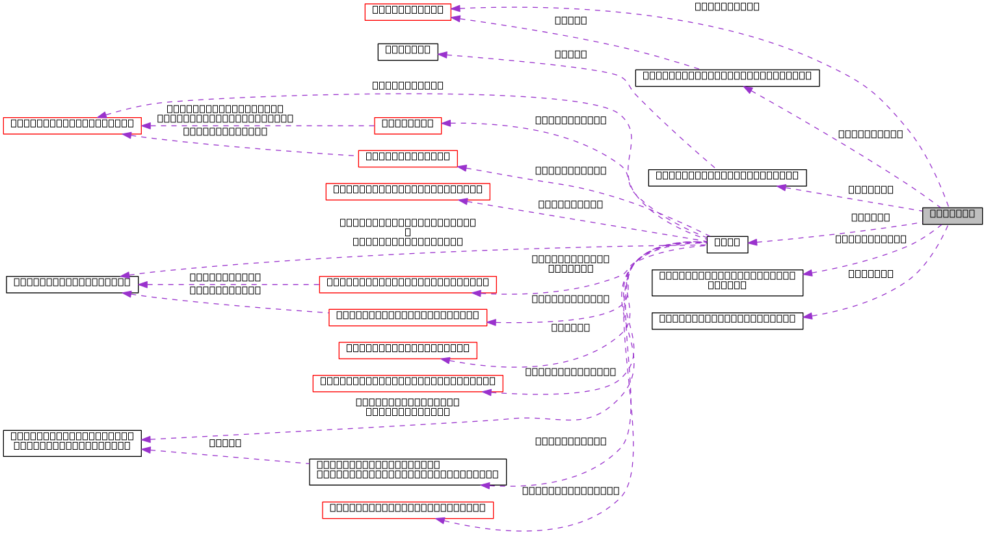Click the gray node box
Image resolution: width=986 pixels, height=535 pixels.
point(952,215)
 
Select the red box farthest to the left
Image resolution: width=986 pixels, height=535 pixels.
point(72,126)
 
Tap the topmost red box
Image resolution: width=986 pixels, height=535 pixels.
point(408,12)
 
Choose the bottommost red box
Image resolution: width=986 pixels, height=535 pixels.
point(408,510)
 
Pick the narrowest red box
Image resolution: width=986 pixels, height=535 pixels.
point(408,126)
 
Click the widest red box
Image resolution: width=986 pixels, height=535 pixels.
point(408,384)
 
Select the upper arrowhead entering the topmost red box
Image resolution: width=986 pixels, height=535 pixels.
point(456,8)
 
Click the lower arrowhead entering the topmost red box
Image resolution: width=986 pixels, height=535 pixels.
point(456,18)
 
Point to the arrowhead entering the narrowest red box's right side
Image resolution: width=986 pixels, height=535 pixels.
point(446,122)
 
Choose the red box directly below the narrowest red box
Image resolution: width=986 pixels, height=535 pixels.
point(408,159)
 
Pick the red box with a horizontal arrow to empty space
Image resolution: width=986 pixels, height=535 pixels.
point(408,285)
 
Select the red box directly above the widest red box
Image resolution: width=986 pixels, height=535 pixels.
point(408,351)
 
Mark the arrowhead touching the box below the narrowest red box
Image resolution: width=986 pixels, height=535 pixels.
point(462,167)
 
